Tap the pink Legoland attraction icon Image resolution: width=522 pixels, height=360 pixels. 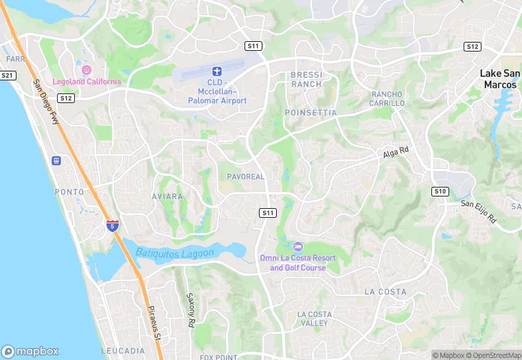click(87, 69)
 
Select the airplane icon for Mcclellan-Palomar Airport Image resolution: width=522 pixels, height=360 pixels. click(217, 71)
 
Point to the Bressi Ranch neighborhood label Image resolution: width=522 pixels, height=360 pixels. click(306, 79)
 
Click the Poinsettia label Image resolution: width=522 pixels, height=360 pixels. click(310, 112)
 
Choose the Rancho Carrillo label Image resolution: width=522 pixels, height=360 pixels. click(388, 98)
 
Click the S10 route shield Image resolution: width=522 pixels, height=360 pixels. click(440, 191)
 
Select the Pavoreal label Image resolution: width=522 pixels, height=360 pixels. click(246, 177)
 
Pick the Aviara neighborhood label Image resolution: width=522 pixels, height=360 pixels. click(168, 196)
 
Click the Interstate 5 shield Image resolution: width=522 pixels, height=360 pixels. click(113, 225)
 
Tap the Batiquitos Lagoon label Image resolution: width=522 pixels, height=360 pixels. click(174, 252)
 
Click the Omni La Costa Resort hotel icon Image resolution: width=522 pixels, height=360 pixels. click(297, 246)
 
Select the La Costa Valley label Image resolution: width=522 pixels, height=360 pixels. click(315, 319)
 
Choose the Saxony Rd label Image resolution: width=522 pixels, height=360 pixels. click(192, 310)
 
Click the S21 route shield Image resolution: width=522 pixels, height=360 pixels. click(8, 75)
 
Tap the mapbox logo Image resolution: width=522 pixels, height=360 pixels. click(30, 350)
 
